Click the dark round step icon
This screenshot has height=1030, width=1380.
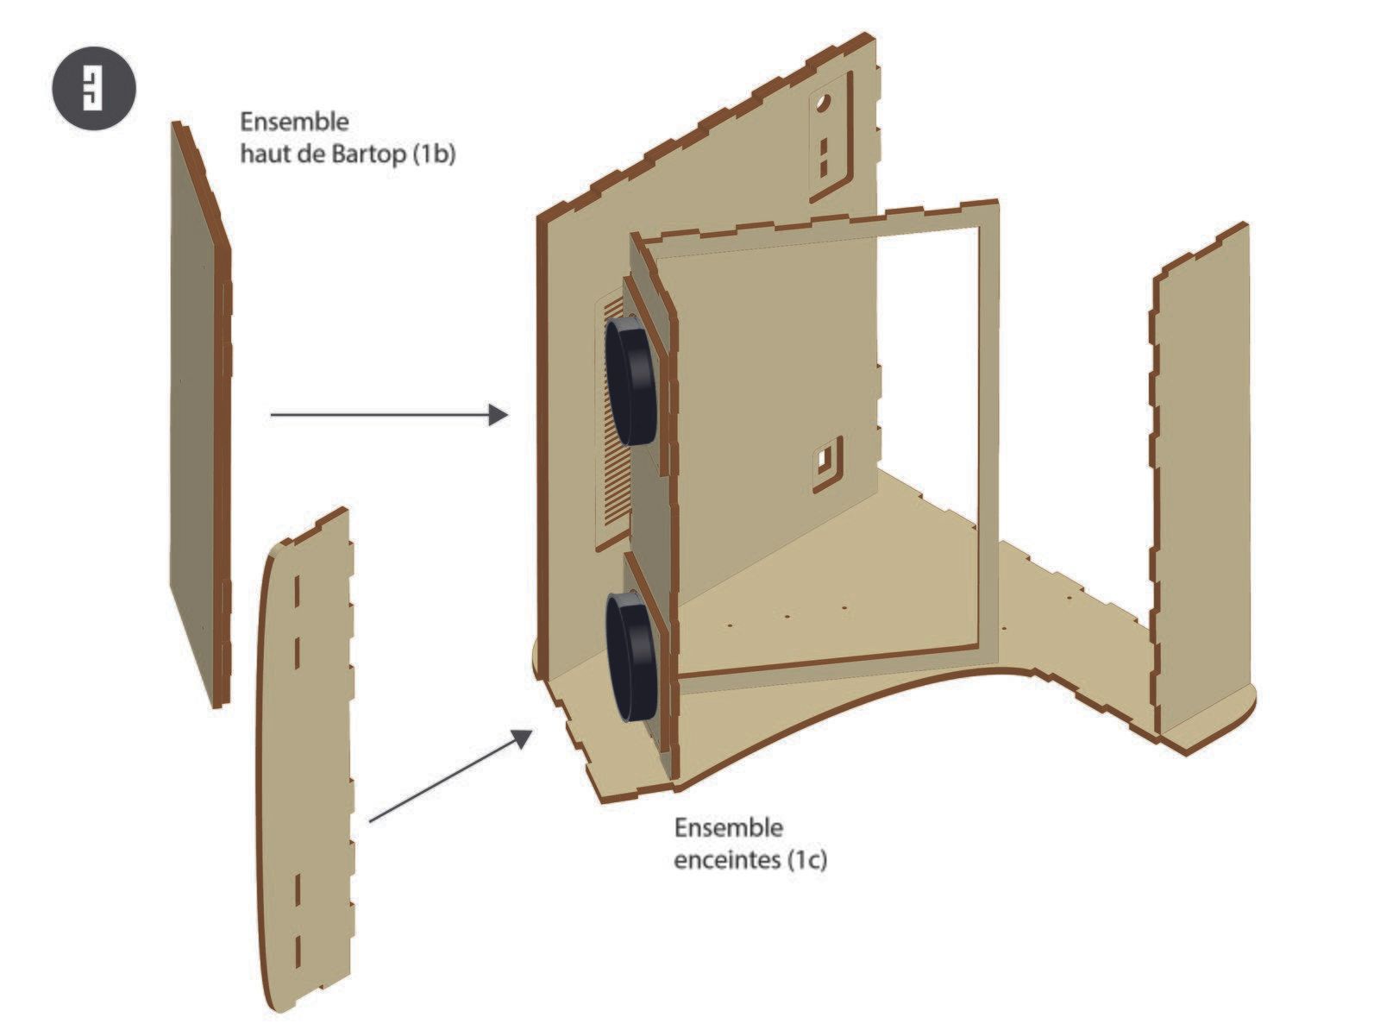click(x=94, y=88)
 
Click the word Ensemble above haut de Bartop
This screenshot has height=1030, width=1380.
click(x=294, y=122)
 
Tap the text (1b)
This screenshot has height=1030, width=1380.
click(x=434, y=154)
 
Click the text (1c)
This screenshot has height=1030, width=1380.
click(x=808, y=859)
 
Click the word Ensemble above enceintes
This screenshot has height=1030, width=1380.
click(x=729, y=827)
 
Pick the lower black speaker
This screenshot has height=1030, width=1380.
click(x=631, y=656)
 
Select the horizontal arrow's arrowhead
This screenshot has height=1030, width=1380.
click(x=499, y=414)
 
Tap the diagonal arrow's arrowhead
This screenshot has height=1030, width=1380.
click(x=521, y=738)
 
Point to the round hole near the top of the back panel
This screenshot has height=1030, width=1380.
click(x=823, y=102)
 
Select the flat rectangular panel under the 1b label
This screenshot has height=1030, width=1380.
click(x=200, y=415)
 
